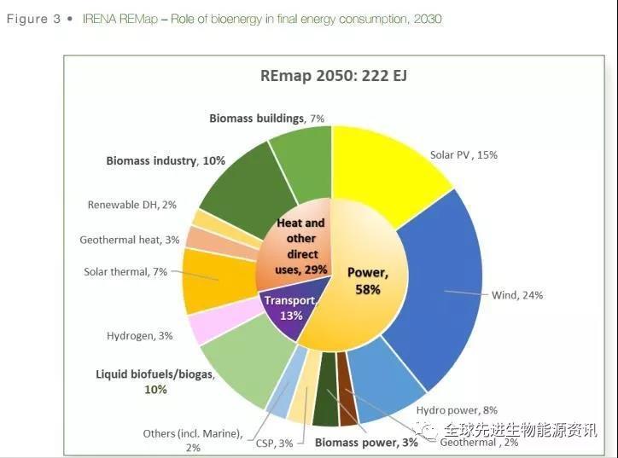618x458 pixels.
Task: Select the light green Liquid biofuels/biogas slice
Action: (243, 367)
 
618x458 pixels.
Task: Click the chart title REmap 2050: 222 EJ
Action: (334, 76)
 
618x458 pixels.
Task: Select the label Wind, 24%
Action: (517, 295)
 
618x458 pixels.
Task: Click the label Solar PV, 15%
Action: (463, 155)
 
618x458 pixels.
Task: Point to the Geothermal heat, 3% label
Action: (129, 240)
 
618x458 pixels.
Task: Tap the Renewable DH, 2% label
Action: (131, 205)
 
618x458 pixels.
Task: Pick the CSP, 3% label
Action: (274, 443)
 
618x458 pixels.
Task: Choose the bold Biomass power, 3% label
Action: (366, 443)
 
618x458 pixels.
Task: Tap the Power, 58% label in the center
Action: (368, 281)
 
